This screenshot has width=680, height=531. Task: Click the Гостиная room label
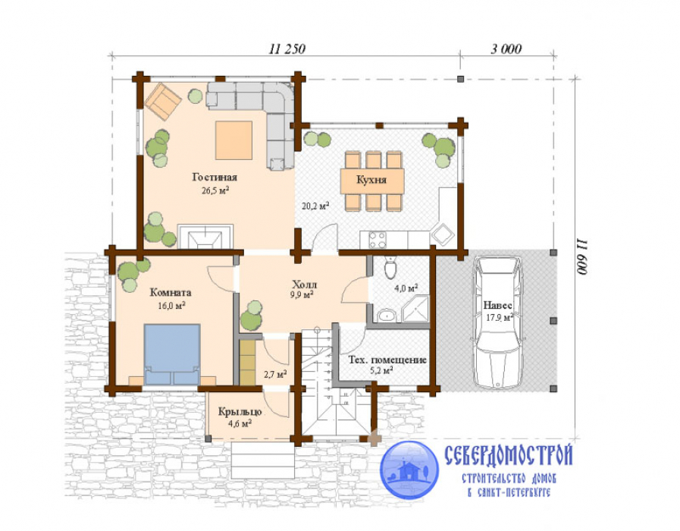pyautogui.click(x=215, y=178)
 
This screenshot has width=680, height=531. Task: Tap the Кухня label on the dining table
pyautogui.click(x=371, y=180)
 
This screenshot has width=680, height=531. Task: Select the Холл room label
pyautogui.click(x=305, y=284)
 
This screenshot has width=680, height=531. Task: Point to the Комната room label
pyautogui.click(x=171, y=292)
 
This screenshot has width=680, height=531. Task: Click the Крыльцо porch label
pyautogui.click(x=240, y=412)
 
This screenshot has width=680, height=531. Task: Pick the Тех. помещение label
pyautogui.click(x=387, y=360)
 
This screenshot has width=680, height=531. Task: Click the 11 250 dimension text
pyautogui.click(x=287, y=49)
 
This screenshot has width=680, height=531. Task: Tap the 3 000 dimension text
pyautogui.click(x=506, y=49)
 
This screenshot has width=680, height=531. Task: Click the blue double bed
pyautogui.click(x=172, y=354)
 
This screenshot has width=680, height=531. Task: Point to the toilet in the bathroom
pyautogui.click(x=390, y=267)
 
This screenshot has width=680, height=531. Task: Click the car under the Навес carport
pyautogui.click(x=498, y=322)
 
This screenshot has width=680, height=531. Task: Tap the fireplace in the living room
pyautogui.click(x=205, y=237)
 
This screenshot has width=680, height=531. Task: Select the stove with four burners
pyautogui.click(x=378, y=240)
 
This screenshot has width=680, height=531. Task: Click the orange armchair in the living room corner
pyautogui.click(x=163, y=102)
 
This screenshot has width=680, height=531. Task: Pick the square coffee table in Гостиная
pyautogui.click(x=233, y=140)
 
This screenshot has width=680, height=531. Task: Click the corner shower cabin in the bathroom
pyautogui.click(x=415, y=309)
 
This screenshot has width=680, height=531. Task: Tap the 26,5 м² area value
pyautogui.click(x=215, y=190)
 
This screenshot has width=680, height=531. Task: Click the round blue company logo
pyautogui.click(x=409, y=470)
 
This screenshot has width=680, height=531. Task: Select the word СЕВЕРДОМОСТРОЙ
pyautogui.click(x=509, y=455)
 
